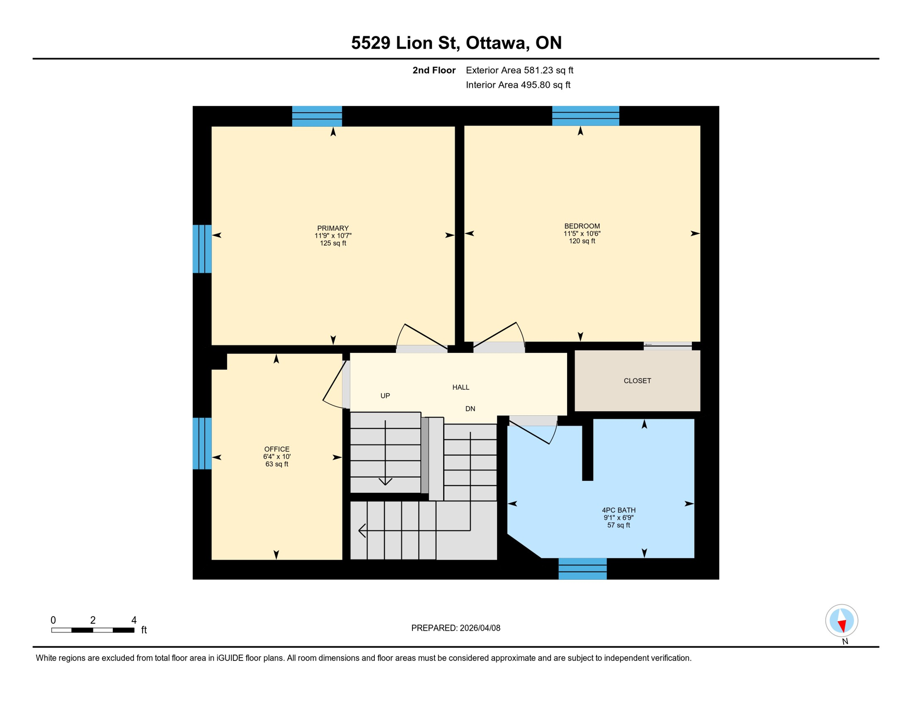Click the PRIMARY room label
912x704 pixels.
[x=333, y=228]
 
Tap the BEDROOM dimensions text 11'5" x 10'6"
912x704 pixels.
[x=582, y=233]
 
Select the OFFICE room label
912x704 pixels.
[x=277, y=449]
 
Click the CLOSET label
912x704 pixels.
[x=637, y=381]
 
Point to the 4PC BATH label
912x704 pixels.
[x=618, y=510]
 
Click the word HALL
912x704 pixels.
[x=461, y=387]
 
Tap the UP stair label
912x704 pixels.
[x=385, y=396]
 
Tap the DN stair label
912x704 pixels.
[x=470, y=409]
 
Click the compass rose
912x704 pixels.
[x=841, y=621]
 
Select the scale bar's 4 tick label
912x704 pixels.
[x=134, y=620]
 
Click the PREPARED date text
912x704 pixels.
[x=456, y=628]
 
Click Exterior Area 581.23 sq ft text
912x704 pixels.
[x=519, y=70]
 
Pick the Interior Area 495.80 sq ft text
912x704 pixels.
[x=518, y=85]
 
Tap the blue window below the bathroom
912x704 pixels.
[x=582, y=568]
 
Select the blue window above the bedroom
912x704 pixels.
[x=585, y=115]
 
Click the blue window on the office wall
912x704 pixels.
[x=202, y=443]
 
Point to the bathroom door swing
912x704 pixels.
[x=534, y=431]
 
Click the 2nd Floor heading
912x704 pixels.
[x=434, y=70]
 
